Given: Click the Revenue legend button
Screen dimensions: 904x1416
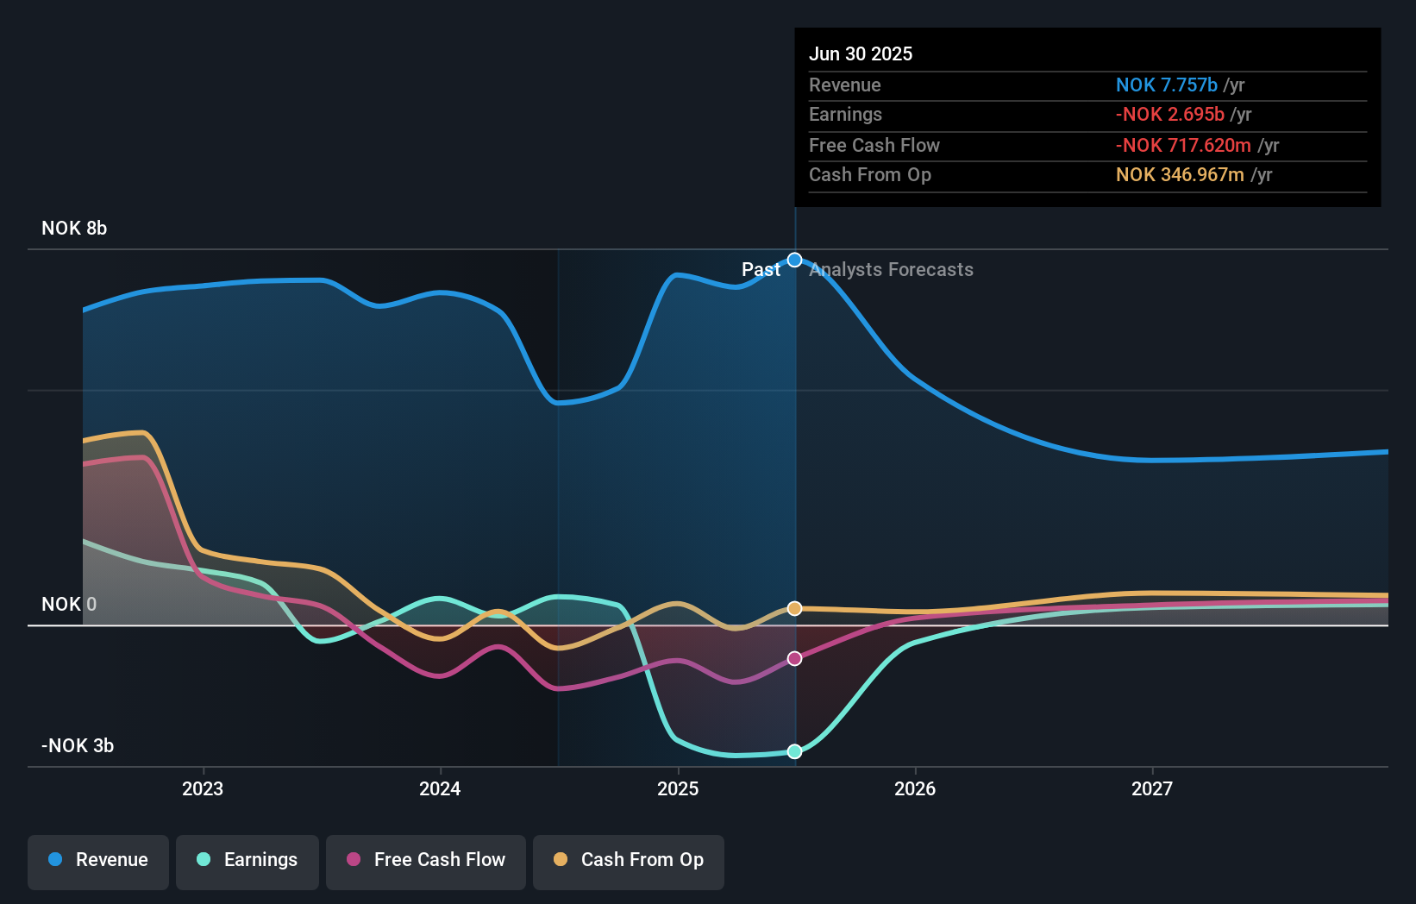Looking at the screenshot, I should (x=98, y=860).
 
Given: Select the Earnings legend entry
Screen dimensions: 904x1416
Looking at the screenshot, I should (x=247, y=860).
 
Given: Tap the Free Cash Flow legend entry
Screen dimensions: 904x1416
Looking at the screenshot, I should (x=426, y=860).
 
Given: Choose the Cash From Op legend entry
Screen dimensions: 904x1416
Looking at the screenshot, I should (x=629, y=860).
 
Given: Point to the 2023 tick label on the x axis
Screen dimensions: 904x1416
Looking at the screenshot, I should (x=203, y=789).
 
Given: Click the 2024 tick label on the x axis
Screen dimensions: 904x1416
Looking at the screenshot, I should (x=440, y=789).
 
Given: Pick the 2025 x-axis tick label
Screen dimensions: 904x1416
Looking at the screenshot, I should (x=678, y=789).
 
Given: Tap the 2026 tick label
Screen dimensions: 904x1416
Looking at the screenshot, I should (x=915, y=789).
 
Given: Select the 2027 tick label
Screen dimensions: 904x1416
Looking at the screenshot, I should (x=1152, y=789).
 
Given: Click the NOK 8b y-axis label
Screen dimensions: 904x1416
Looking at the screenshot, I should (x=74, y=229).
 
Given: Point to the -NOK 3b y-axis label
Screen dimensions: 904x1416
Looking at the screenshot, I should (x=78, y=746).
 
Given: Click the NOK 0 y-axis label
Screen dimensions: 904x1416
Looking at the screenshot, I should (x=69, y=605).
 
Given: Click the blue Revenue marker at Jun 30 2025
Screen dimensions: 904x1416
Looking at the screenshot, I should (x=795, y=261).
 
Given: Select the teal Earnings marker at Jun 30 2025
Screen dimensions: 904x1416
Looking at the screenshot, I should (x=795, y=751).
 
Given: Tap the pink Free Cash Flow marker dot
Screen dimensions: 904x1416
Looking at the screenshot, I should (x=795, y=658).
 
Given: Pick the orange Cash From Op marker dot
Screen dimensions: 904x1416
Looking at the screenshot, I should (x=795, y=608).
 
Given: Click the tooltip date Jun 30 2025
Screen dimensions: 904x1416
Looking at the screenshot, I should (x=861, y=54).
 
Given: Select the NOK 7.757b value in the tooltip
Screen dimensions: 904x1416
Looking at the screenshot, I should (x=1166, y=85).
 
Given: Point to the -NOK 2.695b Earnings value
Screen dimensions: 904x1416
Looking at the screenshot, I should (x=1169, y=115).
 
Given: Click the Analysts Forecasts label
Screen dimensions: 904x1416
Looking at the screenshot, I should (x=892, y=270).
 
